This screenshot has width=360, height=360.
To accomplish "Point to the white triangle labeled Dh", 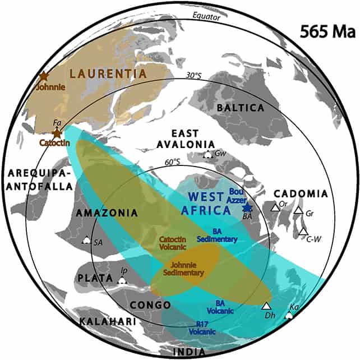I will click(x=266, y=306).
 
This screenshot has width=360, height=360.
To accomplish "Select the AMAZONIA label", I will click(x=107, y=213).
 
